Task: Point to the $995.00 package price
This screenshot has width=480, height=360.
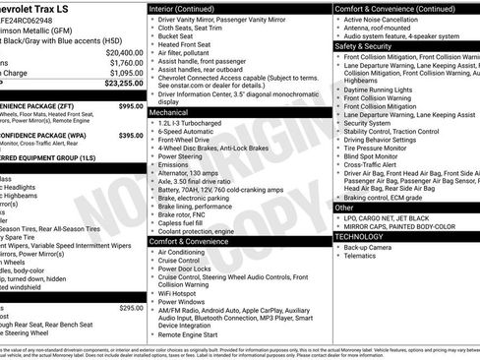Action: click(130, 104)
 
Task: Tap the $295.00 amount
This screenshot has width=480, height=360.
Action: click(130, 308)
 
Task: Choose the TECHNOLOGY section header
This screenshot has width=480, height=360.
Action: click(360, 236)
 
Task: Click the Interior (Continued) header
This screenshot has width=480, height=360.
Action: click(191, 8)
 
